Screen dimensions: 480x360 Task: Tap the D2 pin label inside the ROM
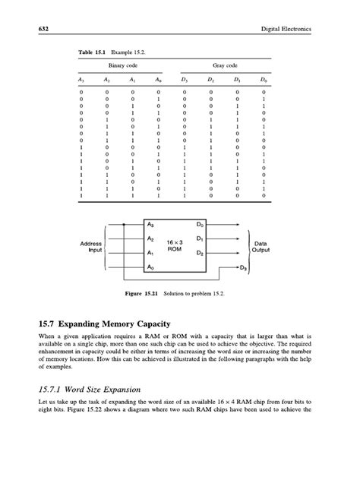(x=199, y=253)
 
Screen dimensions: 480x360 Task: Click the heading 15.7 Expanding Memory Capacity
(x=117, y=322)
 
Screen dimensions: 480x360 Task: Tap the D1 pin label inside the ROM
(x=199, y=239)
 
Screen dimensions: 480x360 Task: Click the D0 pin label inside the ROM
(x=199, y=225)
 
